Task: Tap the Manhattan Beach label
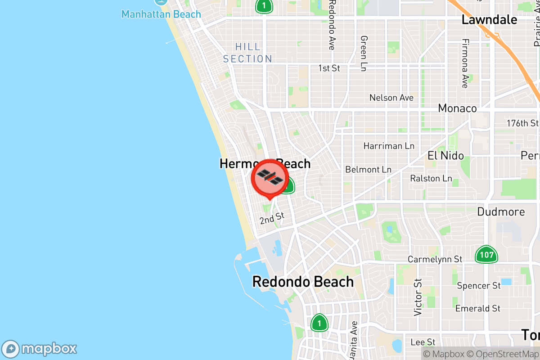pyautogui.click(x=161, y=14)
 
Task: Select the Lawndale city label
pyautogui.click(x=489, y=20)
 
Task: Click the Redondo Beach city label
pyautogui.click(x=303, y=282)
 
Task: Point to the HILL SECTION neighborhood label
pyautogui.click(x=247, y=53)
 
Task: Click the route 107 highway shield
pyautogui.click(x=486, y=255)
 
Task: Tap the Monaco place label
pyautogui.click(x=457, y=108)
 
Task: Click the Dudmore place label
pyautogui.click(x=501, y=211)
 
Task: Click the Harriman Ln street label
pyautogui.click(x=389, y=146)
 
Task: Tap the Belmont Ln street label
pyautogui.click(x=368, y=170)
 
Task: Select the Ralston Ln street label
pyautogui.click(x=431, y=179)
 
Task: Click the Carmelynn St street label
pyautogui.click(x=435, y=260)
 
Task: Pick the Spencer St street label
pyautogui.click(x=478, y=286)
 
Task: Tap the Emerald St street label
pyautogui.click(x=478, y=309)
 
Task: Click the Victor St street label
pyautogui.click(x=418, y=297)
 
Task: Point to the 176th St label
pyautogui.click(x=522, y=123)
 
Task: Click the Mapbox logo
pyautogui.click(x=40, y=349)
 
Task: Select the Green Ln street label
pyautogui.click(x=364, y=53)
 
